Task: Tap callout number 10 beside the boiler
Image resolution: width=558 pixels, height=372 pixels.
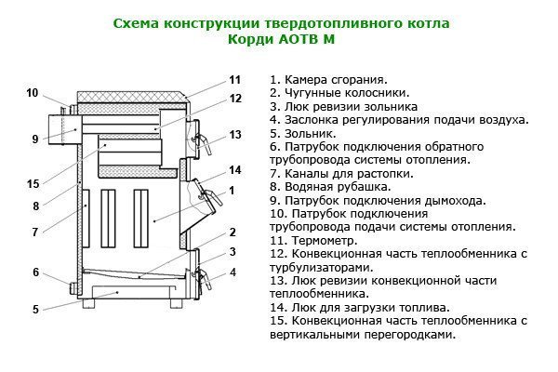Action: pyautogui.click(x=33, y=92)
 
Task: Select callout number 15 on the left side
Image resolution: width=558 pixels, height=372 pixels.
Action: pyautogui.click(x=33, y=183)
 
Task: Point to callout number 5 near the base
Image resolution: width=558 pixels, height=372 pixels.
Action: pyautogui.click(x=34, y=309)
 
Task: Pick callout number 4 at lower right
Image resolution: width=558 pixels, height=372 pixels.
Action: pyautogui.click(x=232, y=272)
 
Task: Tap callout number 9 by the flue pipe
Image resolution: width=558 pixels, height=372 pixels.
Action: pyautogui.click(x=33, y=139)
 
